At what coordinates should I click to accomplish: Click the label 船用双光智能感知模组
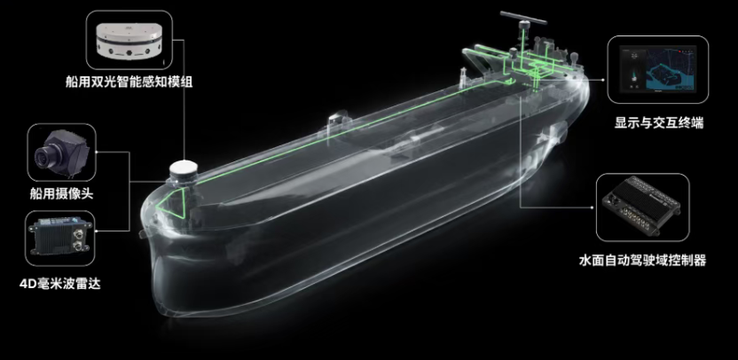(x=129, y=82)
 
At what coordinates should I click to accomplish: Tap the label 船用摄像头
(x=62, y=193)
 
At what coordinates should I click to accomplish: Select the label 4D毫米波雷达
(x=60, y=284)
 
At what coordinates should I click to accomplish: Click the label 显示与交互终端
(x=659, y=123)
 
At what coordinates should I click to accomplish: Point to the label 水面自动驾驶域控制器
(x=642, y=260)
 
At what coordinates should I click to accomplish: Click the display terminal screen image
(x=657, y=68)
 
